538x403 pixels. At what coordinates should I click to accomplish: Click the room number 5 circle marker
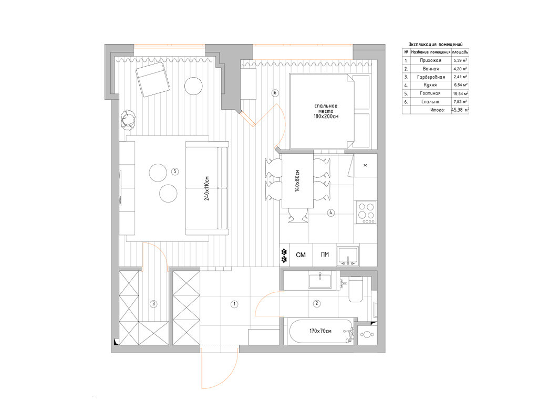coord(175,171)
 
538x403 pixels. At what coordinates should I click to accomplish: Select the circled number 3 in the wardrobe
coord(153,303)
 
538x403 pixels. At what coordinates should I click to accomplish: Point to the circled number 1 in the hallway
coord(234,304)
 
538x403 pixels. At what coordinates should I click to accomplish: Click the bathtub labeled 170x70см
coord(321,331)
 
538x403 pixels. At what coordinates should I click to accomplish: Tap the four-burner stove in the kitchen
coord(366,213)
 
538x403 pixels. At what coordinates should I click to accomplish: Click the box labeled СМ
coord(301,254)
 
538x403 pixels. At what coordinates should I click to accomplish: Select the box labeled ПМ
coord(325,254)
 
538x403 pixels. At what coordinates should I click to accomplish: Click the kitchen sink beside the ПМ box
coord(348,256)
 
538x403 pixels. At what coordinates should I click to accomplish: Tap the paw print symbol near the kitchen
coord(284,255)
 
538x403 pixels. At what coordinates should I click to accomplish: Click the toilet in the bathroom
coord(356,290)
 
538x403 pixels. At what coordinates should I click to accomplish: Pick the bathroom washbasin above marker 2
coord(320,280)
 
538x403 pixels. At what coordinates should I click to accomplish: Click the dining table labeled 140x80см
coord(297,181)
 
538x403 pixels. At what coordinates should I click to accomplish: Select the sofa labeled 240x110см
coord(207,188)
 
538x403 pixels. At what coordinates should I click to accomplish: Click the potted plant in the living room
coord(128,120)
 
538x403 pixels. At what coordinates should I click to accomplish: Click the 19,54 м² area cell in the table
coord(460,93)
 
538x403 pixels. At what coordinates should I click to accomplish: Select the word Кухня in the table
coord(430,84)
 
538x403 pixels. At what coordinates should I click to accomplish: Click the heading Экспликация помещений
coord(436,44)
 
